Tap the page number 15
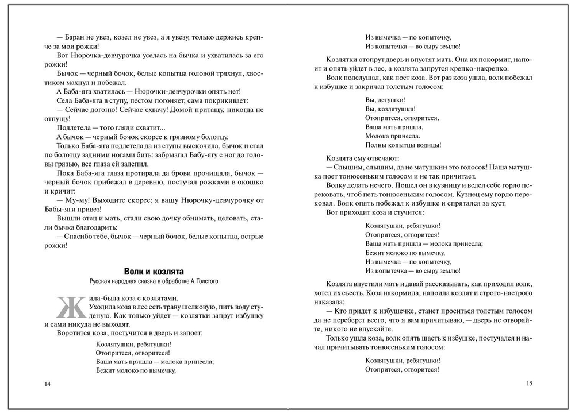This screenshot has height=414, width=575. pos(530,384)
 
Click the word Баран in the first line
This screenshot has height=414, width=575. pos(77,35)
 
